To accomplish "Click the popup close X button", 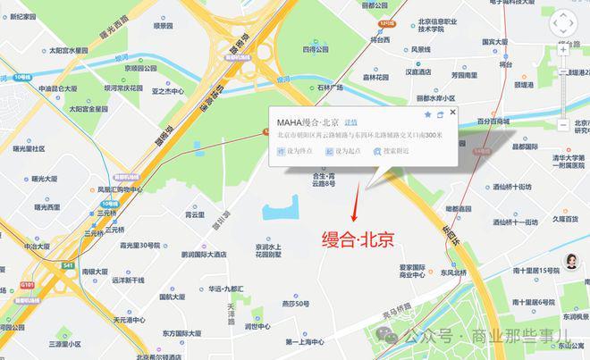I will click(x=453, y=113).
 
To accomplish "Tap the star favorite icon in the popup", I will click(x=428, y=115).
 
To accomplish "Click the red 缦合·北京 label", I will click(x=358, y=239).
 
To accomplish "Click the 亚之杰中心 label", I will click(x=167, y=91).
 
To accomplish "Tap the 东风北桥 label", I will click(x=453, y=272).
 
